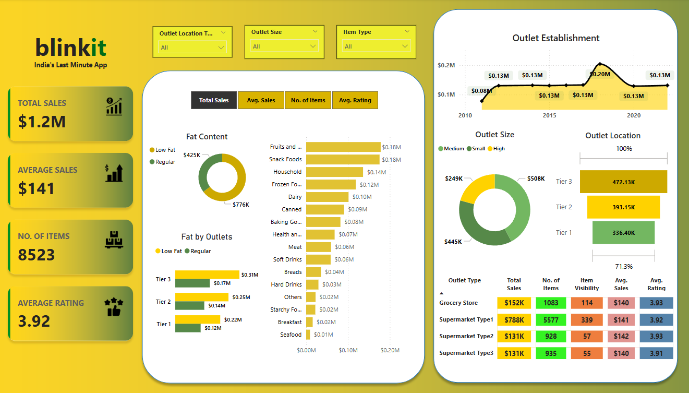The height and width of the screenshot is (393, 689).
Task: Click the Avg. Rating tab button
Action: pos(355,100)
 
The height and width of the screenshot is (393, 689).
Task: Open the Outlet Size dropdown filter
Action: pos(284,46)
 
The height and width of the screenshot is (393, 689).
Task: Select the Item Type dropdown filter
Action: pos(376,46)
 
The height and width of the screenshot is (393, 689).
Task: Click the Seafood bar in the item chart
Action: pos(308,335)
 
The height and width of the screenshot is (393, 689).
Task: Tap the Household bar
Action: pos(334,172)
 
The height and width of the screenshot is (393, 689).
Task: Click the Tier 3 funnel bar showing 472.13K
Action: pos(623,182)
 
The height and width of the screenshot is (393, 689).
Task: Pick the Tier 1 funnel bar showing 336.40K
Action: pos(623,233)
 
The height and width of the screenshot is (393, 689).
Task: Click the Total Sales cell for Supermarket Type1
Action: pos(514,320)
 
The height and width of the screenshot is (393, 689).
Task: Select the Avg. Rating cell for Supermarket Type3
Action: pos(656,353)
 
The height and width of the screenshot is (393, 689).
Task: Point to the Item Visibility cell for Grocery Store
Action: pos(587,303)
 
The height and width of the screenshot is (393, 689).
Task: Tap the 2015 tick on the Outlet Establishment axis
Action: pos(549,115)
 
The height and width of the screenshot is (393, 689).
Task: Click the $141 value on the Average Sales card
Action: pos(37,188)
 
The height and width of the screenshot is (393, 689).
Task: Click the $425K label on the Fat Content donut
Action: pos(191,155)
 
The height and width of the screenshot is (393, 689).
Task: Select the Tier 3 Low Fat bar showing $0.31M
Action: pos(207,275)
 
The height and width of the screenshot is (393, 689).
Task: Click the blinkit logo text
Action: pos(70,48)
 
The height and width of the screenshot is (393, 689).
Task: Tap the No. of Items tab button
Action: pos(308,100)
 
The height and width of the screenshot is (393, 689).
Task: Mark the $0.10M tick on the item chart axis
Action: pos(348,350)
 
